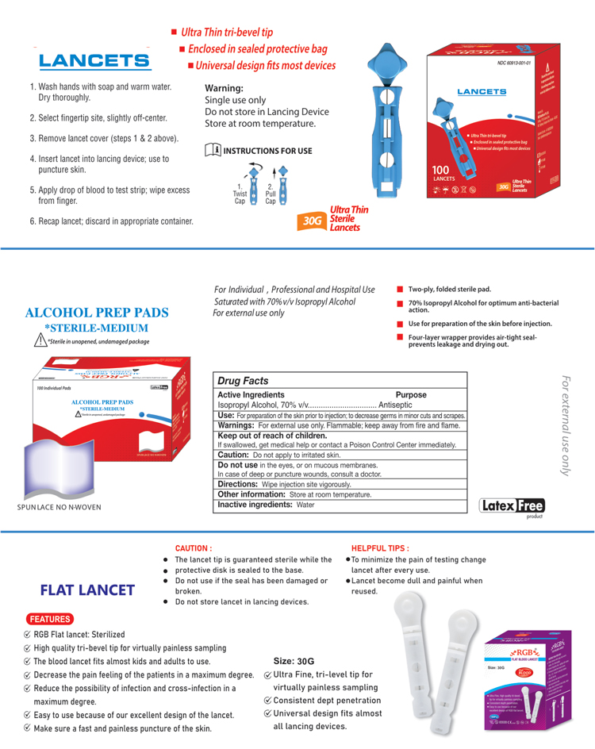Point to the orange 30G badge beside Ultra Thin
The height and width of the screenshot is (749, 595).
[313, 220]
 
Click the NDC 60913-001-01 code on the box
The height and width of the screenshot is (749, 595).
[513, 63]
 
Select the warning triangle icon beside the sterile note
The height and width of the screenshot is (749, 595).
[37, 340]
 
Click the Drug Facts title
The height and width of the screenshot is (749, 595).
[244, 381]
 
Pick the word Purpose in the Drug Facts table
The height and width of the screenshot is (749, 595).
[411, 394]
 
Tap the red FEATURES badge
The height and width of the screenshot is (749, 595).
[51, 618]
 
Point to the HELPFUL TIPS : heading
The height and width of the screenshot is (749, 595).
[379, 548]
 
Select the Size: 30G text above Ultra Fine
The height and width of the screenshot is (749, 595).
[294, 661]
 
